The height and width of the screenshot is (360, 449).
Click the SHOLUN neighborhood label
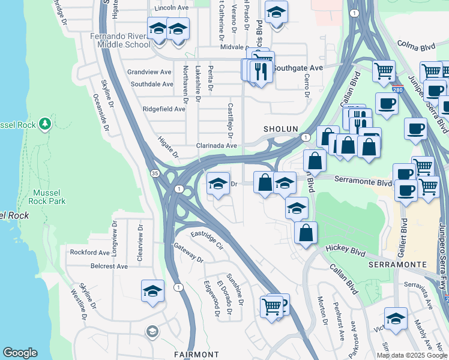pyautogui.click(x=280, y=129)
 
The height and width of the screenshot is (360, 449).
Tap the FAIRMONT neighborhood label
pyautogui.click(x=197, y=355)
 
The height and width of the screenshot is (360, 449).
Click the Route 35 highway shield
pyautogui.click(x=155, y=173)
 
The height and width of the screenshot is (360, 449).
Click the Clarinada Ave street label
pyautogui.click(x=217, y=145)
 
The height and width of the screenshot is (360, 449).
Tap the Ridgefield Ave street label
pyautogui.click(x=164, y=109)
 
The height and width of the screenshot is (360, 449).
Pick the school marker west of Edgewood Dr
pyautogui.click(x=152, y=292)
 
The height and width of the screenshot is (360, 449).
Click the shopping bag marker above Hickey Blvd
pyautogui.click(x=306, y=233)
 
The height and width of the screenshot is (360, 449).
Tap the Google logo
pyautogui.click(x=20, y=353)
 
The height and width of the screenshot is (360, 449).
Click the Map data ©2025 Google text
pyautogui.click(x=412, y=355)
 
